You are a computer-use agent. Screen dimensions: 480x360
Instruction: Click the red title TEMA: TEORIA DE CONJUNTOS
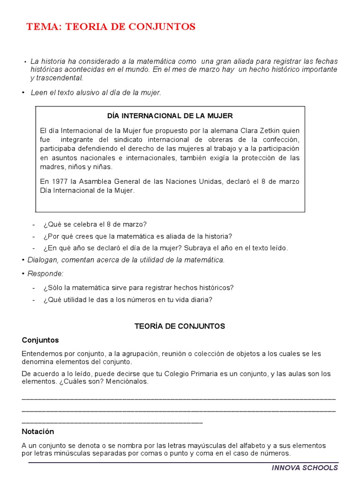(111, 27)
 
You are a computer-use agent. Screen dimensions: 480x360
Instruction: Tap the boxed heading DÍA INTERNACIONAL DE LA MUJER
(170, 115)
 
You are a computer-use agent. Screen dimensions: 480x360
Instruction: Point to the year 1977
(58, 181)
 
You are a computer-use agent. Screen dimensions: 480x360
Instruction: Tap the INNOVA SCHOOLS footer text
(305, 467)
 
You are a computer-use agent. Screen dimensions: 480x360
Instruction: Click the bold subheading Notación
(38, 431)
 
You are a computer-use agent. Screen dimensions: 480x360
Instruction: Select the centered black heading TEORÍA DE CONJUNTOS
(180, 326)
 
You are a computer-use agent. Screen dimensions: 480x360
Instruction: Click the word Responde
(45, 273)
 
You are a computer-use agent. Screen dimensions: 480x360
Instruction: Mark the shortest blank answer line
(112, 422)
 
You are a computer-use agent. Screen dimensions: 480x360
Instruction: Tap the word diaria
(201, 300)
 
